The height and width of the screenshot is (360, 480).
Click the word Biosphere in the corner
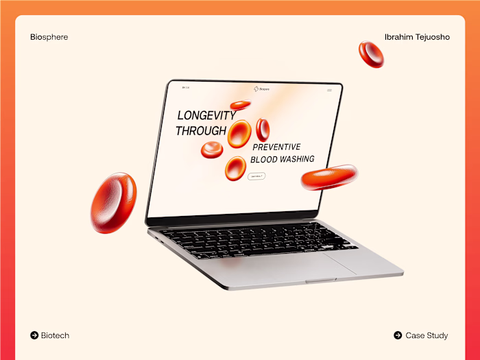coord(49,37)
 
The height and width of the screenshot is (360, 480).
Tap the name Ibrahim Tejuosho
coord(417,37)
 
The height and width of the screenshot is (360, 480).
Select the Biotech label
coord(55,335)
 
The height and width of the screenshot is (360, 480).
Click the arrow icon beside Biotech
coord(34,335)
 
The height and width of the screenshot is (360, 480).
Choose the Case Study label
coord(427,335)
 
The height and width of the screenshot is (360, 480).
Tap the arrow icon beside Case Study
coord(398,335)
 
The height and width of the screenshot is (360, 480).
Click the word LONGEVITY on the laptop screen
coord(206,115)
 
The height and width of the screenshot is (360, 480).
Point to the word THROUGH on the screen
coord(201,130)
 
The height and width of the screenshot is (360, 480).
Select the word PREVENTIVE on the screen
coord(276,147)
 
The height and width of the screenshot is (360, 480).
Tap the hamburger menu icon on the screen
coord(329,90)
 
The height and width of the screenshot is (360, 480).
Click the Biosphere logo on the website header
coord(261,88)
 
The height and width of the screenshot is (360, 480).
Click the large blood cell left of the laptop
coord(113,202)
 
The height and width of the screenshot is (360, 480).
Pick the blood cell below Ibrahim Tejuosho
coord(371,54)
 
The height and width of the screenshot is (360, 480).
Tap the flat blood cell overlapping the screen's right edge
coord(328,177)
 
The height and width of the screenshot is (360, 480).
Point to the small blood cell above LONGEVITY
coord(240,105)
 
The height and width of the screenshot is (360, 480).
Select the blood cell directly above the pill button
coord(235,167)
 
